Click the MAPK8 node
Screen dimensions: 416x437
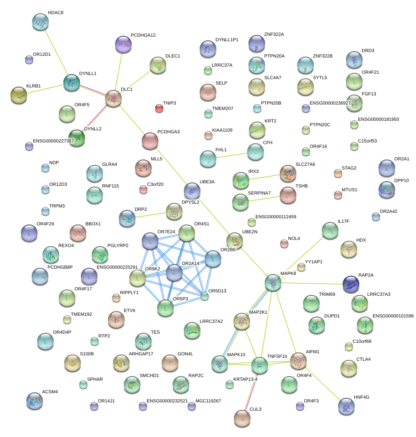click(x=273, y=282)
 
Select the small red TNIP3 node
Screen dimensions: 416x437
click(x=159, y=108)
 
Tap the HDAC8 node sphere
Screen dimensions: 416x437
click(x=40, y=22)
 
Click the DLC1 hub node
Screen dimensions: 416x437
click(x=113, y=98)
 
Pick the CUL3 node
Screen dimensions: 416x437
click(x=242, y=418)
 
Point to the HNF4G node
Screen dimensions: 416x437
click(x=346, y=406)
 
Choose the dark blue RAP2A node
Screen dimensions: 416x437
click(x=351, y=284)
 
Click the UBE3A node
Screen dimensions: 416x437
click(x=192, y=190)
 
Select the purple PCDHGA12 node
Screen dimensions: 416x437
click(x=123, y=44)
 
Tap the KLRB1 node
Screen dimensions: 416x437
click(x=18, y=95)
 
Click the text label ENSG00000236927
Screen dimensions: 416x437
click(x=336, y=103)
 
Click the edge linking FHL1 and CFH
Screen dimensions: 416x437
click(x=232, y=155)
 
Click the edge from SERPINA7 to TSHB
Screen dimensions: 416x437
click(x=264, y=197)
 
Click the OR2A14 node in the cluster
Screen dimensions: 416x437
click(x=174, y=272)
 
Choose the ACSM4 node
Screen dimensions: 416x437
click(x=34, y=400)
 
